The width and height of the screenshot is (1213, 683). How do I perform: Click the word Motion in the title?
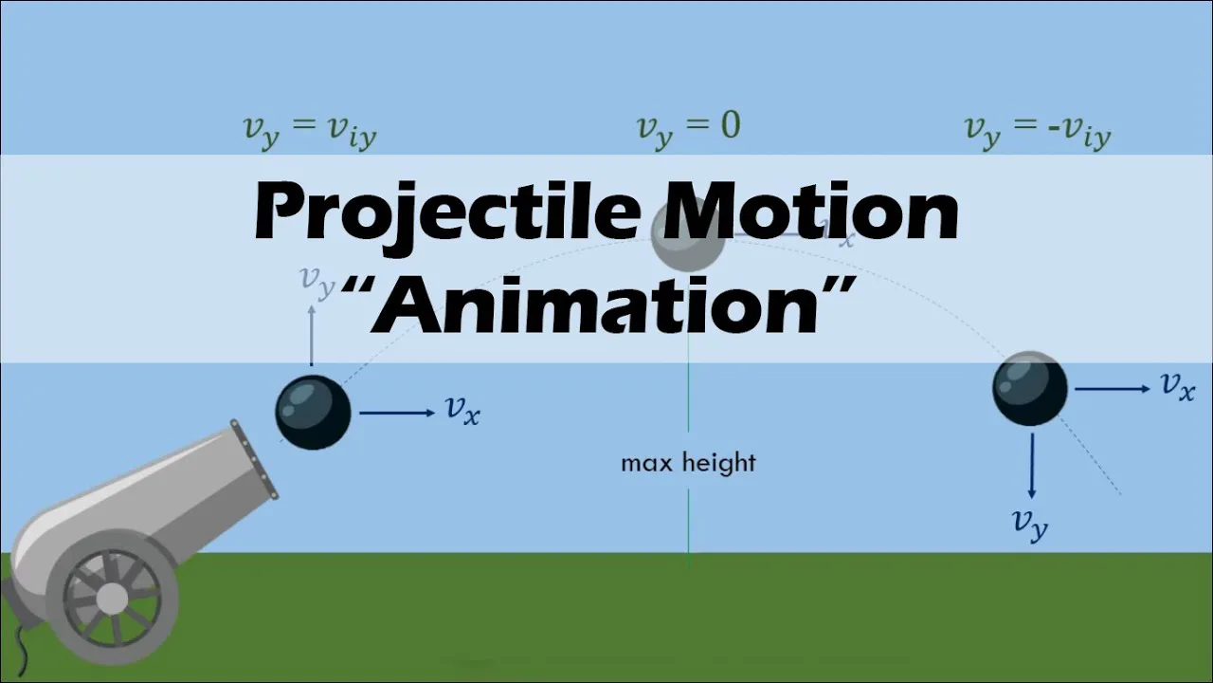pos(810,212)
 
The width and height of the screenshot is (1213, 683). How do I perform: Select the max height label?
pos(688,463)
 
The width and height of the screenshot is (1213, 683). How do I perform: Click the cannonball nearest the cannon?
pos(313,413)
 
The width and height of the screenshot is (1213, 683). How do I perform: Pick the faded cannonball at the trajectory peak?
pos(688,237)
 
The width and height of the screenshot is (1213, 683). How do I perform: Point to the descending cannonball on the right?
pos(1030,388)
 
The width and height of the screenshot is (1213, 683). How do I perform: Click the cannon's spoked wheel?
pos(112,597)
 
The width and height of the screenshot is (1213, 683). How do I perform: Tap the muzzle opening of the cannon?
pos(254,460)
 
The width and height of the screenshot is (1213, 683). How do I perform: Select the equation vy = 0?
pos(688,128)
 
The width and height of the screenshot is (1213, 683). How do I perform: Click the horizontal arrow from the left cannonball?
pos(395,413)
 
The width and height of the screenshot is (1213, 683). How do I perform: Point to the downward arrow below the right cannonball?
pos(1031,466)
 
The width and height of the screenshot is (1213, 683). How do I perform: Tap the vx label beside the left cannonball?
pos(462,410)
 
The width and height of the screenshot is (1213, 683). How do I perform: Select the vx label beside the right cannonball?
pos(1178,386)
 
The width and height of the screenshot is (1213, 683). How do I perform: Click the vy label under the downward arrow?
pos(1030,523)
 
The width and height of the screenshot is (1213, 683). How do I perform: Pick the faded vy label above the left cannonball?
pos(317,281)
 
